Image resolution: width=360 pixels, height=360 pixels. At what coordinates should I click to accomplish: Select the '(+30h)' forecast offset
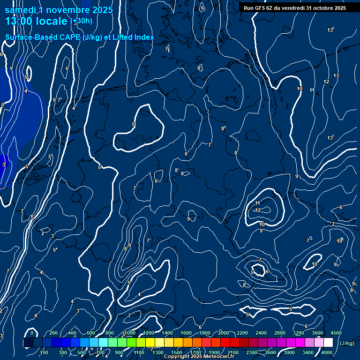click(x=81, y=22)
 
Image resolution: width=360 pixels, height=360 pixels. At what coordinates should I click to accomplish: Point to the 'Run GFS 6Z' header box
click(x=295, y=8)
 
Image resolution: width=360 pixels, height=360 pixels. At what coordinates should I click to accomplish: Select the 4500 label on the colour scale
click(x=336, y=333)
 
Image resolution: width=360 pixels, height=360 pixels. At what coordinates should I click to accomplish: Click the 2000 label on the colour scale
click(x=224, y=333)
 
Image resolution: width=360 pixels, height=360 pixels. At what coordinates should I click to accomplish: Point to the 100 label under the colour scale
click(x=45, y=352)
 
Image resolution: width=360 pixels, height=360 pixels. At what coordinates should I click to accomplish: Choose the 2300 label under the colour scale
click(x=251, y=352)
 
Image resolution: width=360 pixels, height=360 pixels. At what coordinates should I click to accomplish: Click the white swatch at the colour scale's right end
click(x=328, y=343)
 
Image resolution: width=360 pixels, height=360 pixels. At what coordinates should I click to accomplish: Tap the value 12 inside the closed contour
click(x=258, y=210)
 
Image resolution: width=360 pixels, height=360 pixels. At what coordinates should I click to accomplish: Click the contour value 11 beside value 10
click(x=312, y=90)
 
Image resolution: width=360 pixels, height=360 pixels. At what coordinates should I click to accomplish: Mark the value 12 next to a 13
click(x=326, y=82)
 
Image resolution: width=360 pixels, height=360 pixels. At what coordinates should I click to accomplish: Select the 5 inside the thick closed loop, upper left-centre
click(x=134, y=124)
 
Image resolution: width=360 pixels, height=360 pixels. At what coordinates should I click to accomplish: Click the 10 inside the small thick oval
click(x=315, y=264)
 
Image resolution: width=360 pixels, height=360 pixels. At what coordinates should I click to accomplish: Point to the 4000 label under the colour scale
click(x=327, y=352)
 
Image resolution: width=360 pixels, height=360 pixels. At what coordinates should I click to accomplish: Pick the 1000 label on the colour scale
click(x=130, y=333)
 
